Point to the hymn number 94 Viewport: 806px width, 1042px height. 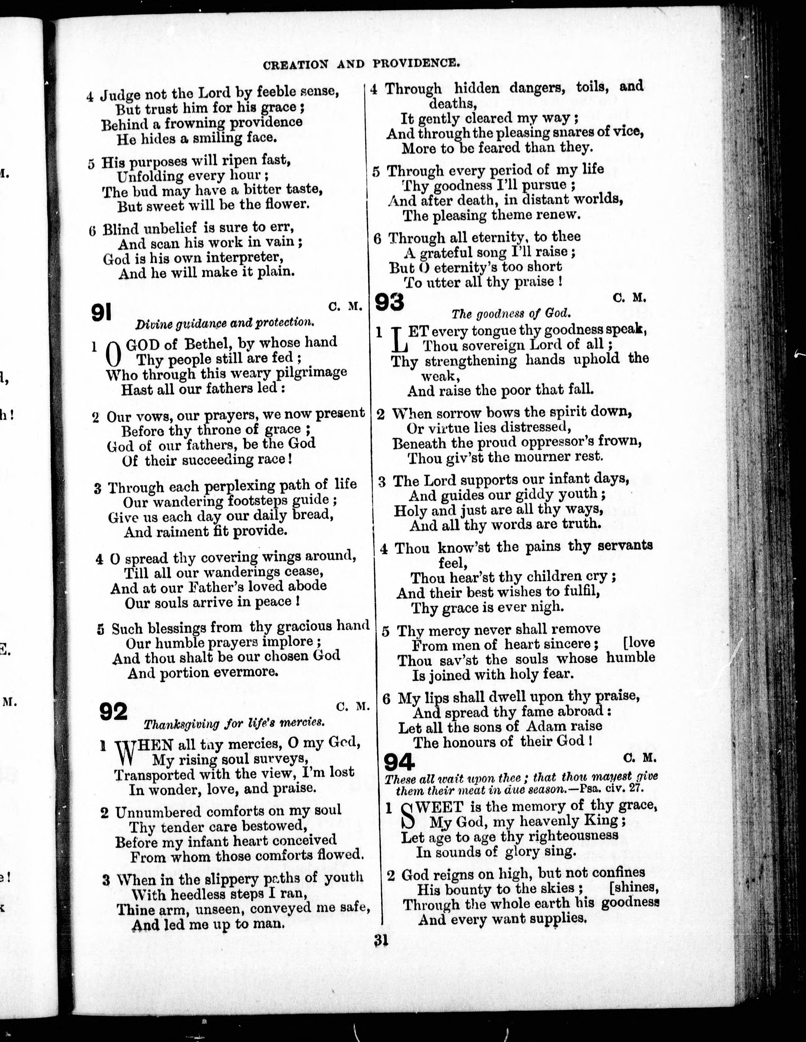coord(399,762)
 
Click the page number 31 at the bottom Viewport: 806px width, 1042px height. coord(381,941)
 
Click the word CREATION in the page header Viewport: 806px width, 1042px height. coord(295,65)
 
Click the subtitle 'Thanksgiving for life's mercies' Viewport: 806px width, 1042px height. coord(234,723)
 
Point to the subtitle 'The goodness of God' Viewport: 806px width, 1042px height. coord(510,314)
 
